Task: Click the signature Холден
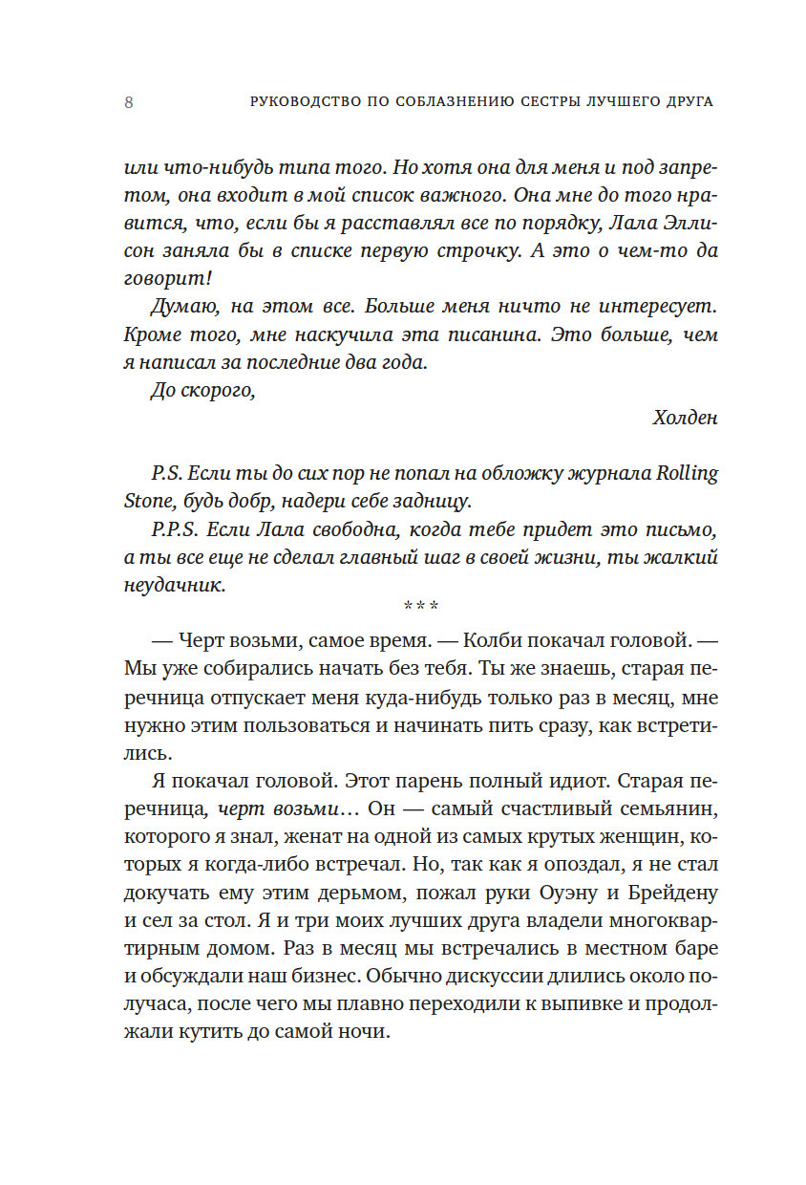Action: [x=684, y=418]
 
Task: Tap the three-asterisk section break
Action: [x=420, y=605]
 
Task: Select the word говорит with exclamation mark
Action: [x=168, y=279]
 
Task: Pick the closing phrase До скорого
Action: [x=203, y=390]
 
